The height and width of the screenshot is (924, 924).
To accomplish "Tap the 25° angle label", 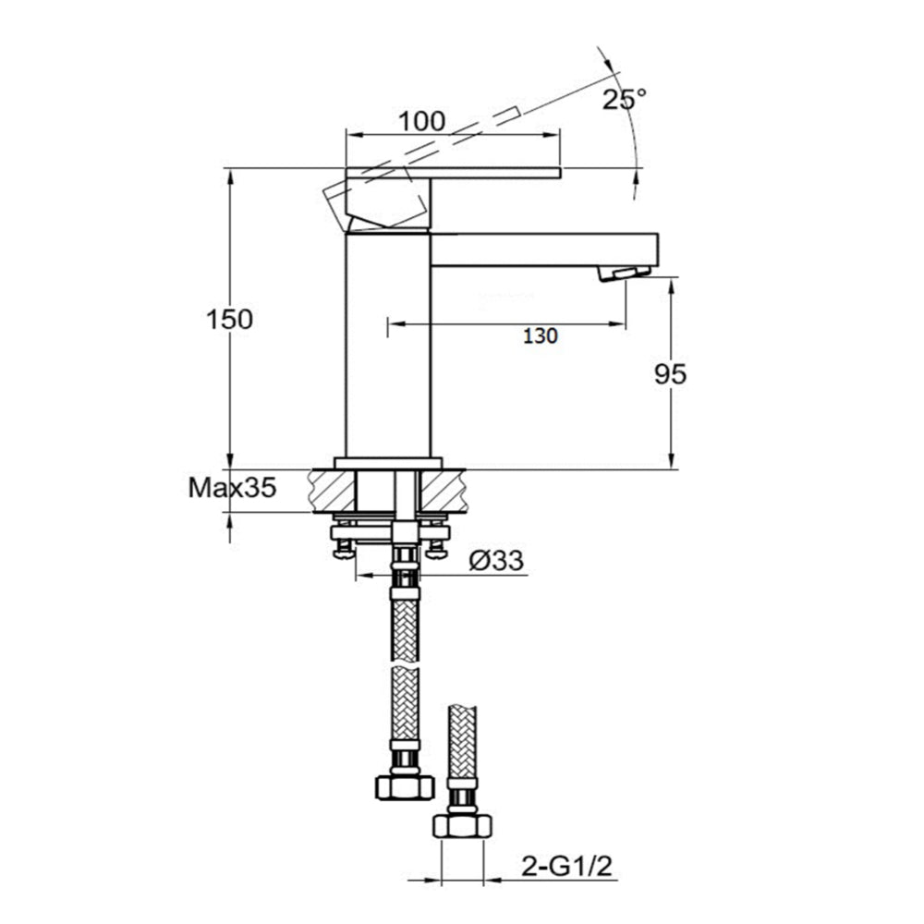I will (x=625, y=100).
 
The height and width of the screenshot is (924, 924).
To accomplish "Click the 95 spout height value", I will (x=669, y=374).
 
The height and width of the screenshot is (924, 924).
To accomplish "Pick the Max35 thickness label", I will (x=232, y=487).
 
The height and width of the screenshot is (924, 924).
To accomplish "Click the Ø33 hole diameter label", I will (x=496, y=559).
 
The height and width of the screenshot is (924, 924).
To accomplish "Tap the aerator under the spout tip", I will (x=625, y=273).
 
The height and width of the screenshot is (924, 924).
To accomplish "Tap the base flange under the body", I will (x=388, y=464).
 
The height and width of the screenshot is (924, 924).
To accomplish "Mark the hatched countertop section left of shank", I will (x=333, y=489).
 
